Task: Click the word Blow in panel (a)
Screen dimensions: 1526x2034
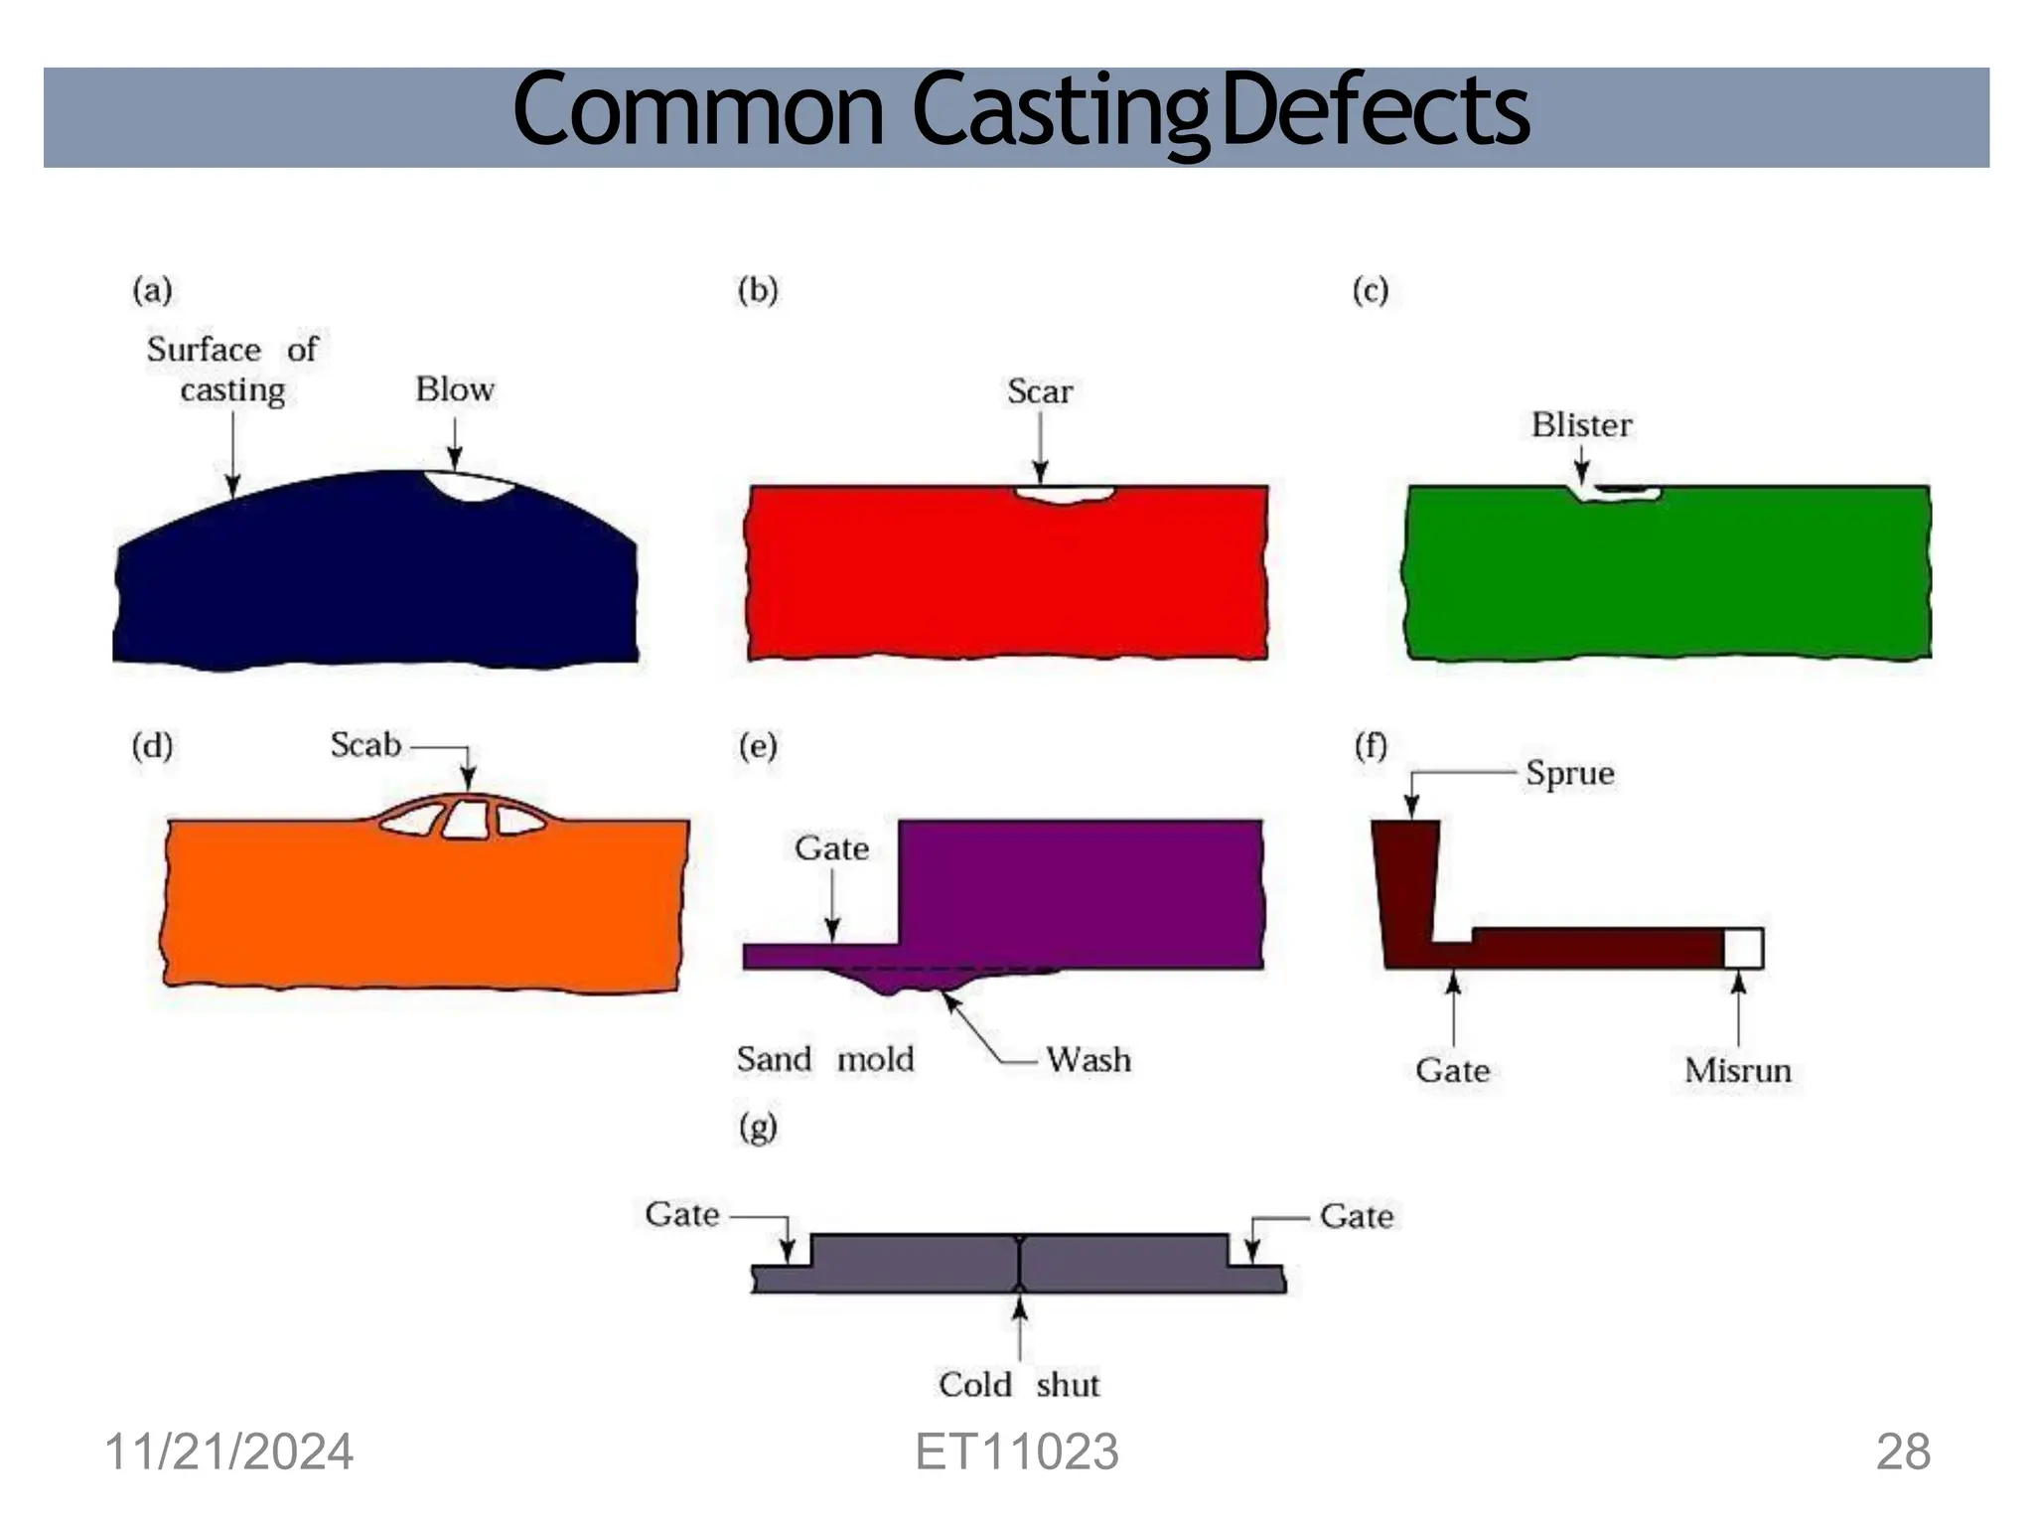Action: pos(454,388)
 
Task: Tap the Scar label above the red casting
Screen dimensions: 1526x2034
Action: pos(1039,391)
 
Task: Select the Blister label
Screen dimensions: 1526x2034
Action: pos(1580,425)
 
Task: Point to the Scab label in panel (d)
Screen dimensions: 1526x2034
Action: pos(364,745)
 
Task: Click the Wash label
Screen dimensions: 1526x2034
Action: pos(1088,1059)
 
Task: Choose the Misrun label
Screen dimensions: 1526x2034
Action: pos(1737,1070)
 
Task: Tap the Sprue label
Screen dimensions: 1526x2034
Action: pos(1569,773)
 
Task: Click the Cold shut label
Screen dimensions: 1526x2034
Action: pos(1018,1384)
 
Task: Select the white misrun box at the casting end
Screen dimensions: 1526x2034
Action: pos(1743,948)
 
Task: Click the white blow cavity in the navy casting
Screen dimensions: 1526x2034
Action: pos(470,485)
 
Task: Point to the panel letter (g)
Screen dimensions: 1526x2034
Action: pos(758,1127)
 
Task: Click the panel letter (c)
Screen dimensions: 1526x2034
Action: pos(1370,290)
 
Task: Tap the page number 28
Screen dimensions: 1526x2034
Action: pos(1902,1451)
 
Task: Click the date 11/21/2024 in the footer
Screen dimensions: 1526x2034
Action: pos(228,1451)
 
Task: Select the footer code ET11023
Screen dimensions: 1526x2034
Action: pos(1016,1451)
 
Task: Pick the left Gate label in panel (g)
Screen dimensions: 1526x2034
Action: pos(681,1214)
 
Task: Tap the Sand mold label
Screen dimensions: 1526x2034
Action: pos(824,1059)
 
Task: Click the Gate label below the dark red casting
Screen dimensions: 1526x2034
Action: pos(1452,1070)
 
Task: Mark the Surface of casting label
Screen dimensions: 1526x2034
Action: pos(232,370)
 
